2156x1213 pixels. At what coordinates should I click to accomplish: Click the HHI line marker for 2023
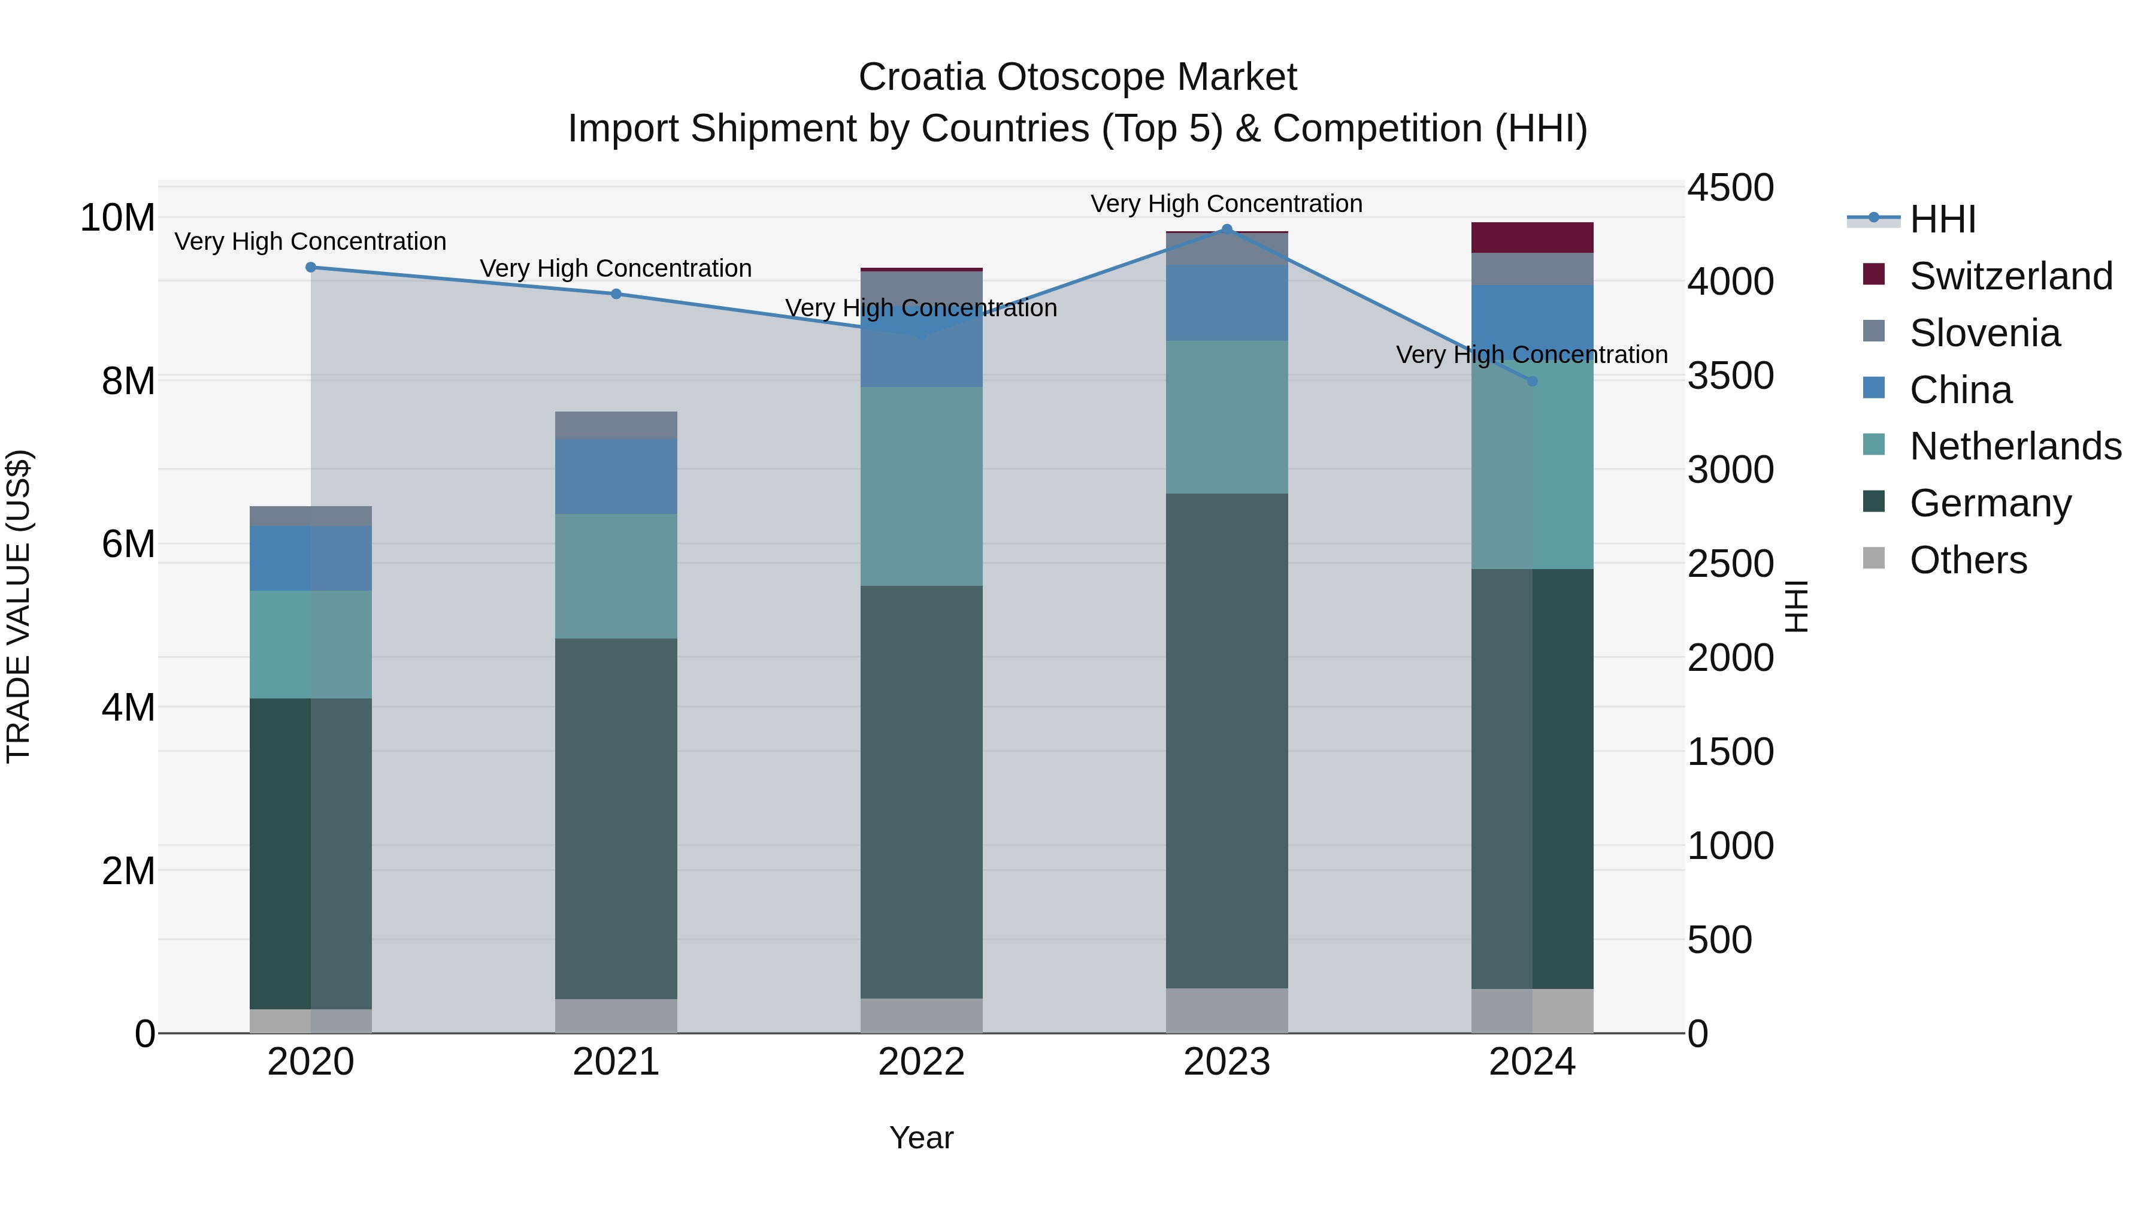[x=1227, y=229]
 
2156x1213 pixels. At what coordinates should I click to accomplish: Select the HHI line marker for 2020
[x=310, y=267]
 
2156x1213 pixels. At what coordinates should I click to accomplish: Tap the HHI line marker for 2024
[x=1533, y=381]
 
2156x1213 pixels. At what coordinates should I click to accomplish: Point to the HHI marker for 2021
[x=616, y=294]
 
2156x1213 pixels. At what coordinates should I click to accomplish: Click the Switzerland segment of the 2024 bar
[x=1533, y=238]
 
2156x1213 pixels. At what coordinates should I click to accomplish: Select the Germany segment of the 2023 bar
[x=1227, y=741]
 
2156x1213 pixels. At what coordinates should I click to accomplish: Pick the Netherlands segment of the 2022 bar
[x=922, y=486]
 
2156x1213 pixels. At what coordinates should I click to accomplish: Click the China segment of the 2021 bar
[x=616, y=476]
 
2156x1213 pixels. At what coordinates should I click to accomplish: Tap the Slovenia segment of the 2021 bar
[x=616, y=425]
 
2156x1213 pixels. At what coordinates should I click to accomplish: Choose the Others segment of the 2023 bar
[x=1227, y=1011]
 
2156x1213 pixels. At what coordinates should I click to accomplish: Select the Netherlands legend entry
[x=2015, y=446]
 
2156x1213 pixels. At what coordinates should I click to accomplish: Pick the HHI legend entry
[x=1942, y=219]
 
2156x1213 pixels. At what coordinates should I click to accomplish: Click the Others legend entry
[x=1967, y=560]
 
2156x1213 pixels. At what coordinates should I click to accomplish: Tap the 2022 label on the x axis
[x=922, y=1062]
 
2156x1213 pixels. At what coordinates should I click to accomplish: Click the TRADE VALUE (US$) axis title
[x=19, y=606]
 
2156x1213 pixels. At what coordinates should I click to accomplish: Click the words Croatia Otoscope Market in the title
[x=1077, y=77]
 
